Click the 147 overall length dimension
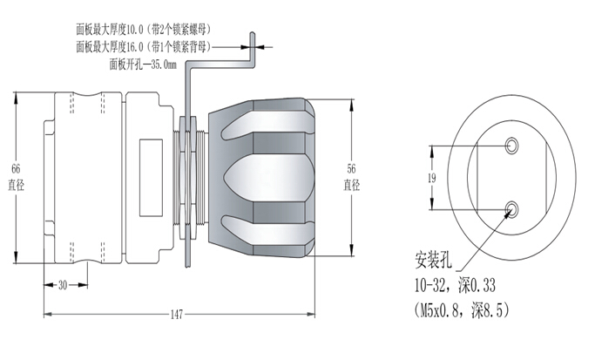point(176,314)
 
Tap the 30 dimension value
point(62,286)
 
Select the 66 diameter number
point(15,167)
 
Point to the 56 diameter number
point(351,168)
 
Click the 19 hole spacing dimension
point(430,178)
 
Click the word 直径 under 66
point(15,185)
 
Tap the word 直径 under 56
point(351,185)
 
